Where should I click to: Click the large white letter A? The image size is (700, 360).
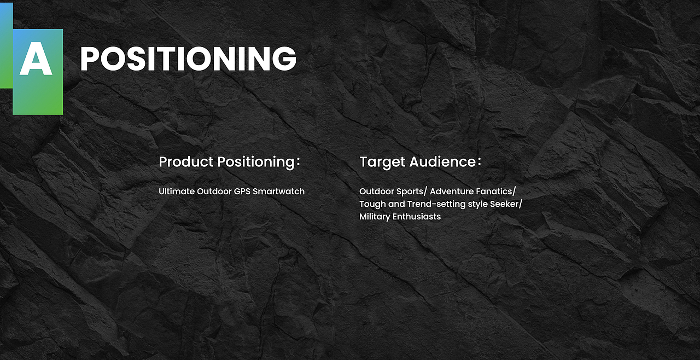36,59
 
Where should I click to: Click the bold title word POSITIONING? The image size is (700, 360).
188,59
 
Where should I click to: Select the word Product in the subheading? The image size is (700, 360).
186,161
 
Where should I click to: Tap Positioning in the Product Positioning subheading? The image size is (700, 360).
256,162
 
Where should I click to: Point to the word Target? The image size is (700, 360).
382,162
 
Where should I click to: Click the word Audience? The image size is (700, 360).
442,161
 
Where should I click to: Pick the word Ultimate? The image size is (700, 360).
176,191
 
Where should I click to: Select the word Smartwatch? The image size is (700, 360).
278,191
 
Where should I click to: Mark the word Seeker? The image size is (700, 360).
504,204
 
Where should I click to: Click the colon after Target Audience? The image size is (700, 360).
480,161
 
